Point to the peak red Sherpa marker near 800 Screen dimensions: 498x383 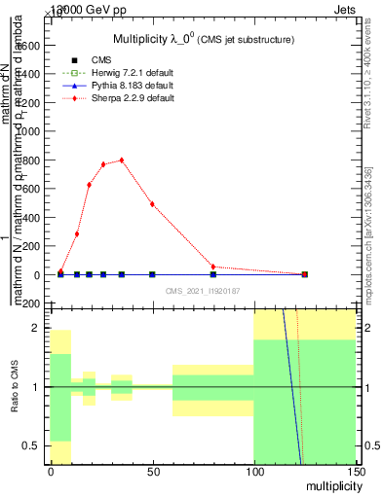tap(122, 160)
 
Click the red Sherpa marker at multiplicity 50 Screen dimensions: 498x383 tap(152, 204)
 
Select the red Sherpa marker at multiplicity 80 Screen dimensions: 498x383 tap(213, 267)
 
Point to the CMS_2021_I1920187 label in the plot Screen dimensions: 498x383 tap(203, 290)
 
